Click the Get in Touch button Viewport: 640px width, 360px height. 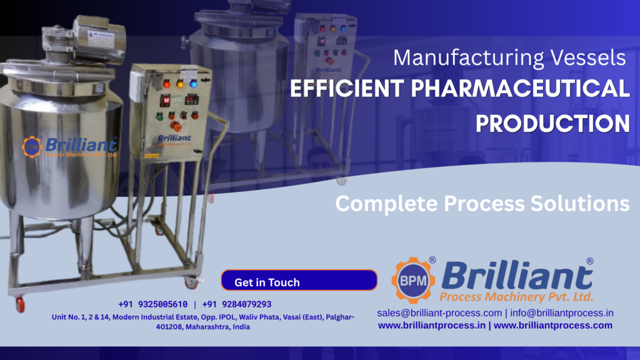click(299, 282)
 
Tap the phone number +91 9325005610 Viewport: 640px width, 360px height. click(152, 304)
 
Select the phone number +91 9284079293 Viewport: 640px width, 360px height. click(237, 304)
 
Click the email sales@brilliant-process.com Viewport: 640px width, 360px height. click(439, 312)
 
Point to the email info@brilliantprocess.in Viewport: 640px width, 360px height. click(562, 312)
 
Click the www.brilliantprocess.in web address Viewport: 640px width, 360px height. click(431, 325)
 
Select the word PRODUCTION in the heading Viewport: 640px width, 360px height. click(552, 123)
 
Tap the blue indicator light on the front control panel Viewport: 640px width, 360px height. click(193, 83)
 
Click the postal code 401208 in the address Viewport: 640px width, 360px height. click(171, 327)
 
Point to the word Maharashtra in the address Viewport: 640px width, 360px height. click(209, 327)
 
